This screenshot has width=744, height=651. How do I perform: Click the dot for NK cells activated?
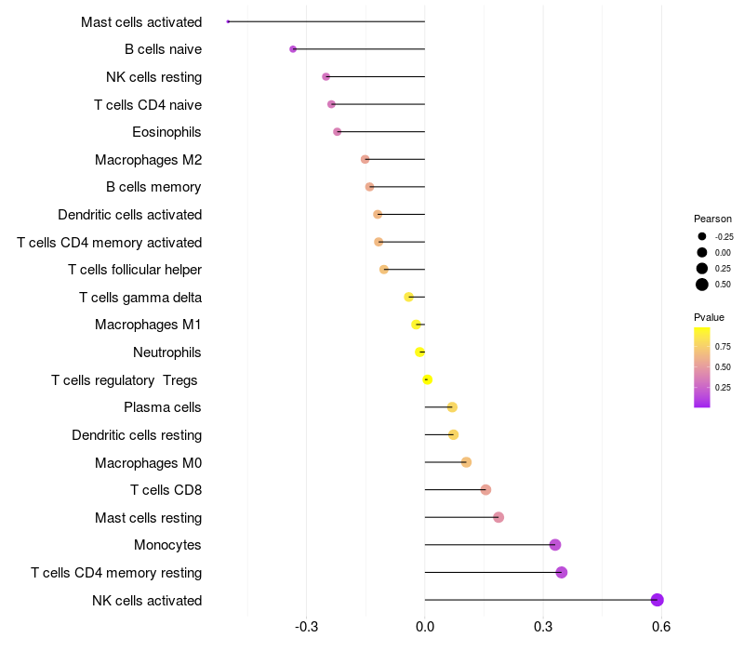tap(658, 600)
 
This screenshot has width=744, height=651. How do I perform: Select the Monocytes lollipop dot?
tap(555, 545)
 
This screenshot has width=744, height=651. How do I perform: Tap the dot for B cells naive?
tap(293, 49)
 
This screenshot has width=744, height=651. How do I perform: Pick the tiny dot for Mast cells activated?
tap(228, 21)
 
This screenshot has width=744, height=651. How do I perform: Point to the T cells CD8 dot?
tap(485, 490)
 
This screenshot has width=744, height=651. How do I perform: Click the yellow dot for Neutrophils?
tap(420, 352)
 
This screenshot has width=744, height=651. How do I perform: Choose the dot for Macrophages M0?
tap(466, 462)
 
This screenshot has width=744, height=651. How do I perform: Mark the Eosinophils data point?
tap(337, 132)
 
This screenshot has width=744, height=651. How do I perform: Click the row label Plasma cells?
tap(163, 407)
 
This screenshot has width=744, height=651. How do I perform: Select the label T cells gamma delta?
tap(140, 298)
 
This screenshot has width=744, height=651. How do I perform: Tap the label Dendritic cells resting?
tap(137, 435)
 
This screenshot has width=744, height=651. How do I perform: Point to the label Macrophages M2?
tap(148, 160)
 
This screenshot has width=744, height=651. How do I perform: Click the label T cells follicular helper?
tap(135, 270)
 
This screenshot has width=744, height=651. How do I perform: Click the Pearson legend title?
tap(713, 219)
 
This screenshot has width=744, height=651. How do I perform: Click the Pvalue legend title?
tap(710, 317)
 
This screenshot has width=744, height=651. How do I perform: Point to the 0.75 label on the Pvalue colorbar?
tap(723, 346)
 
